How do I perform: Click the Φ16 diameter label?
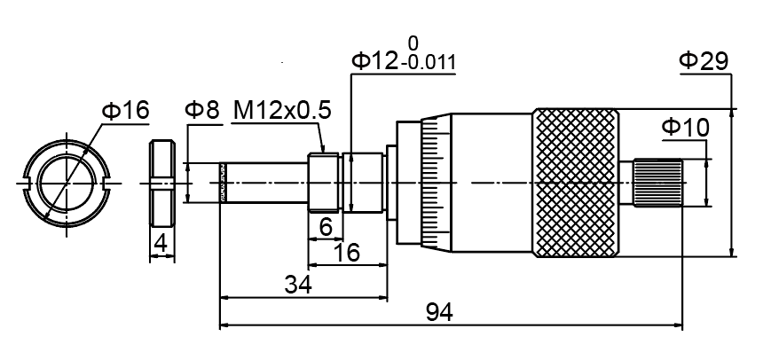pos(125,110)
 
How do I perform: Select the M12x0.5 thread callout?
pos(281,110)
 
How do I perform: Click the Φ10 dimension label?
pos(685,128)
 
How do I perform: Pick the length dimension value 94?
pos(439,313)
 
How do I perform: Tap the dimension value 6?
pos(326,228)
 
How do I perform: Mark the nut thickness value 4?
pos(160,242)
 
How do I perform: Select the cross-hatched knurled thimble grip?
pos(575,183)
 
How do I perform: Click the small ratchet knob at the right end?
pos(657,183)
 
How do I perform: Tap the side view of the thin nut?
pos(161,183)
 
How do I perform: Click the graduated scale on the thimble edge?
pos(432,183)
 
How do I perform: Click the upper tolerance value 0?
pos(412,43)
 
